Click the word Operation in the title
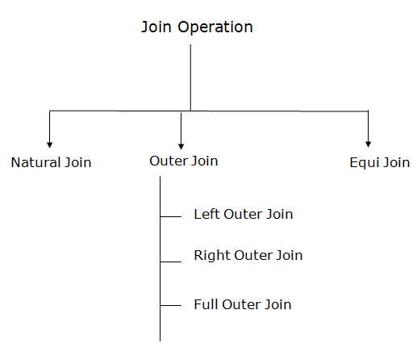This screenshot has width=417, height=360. (x=215, y=27)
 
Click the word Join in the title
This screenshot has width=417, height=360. (x=156, y=27)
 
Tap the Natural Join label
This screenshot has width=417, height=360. (x=51, y=162)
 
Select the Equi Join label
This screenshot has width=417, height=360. (x=380, y=163)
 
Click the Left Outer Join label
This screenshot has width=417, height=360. (x=244, y=215)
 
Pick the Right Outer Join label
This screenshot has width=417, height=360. (x=248, y=256)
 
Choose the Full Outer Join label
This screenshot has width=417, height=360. (x=243, y=304)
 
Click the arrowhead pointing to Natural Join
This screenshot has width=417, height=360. (x=49, y=144)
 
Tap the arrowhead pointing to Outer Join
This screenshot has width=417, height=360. (x=181, y=146)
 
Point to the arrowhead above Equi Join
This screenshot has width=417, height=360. (x=369, y=144)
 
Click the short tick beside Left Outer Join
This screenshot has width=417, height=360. (x=171, y=216)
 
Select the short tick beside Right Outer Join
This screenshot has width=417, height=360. (x=171, y=262)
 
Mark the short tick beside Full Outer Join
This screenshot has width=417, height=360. (x=171, y=305)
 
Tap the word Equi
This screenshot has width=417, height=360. (x=365, y=163)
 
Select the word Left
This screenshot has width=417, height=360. (x=206, y=215)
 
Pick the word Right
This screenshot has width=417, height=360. (x=212, y=256)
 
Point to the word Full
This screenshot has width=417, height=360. (x=206, y=304)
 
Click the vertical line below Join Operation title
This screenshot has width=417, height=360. (x=190, y=77)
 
